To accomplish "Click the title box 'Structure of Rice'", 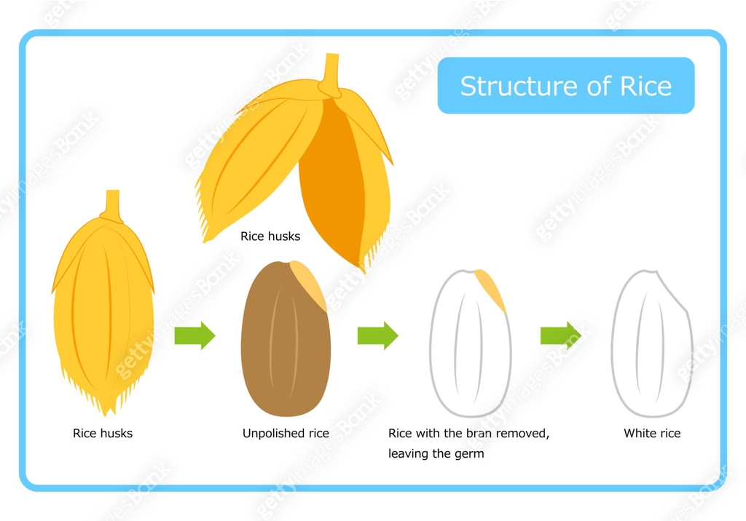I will pos(565,86).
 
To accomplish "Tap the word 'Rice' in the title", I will pos(645,86).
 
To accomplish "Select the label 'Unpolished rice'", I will pos(286,434).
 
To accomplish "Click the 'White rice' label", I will pos(652,434).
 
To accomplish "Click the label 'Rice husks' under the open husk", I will pos(270,236).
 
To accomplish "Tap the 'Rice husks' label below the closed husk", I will pos(103,434).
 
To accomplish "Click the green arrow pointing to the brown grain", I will pos(195,335).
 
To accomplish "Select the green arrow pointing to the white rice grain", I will pos(560,335).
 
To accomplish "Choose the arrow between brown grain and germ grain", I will pos(377,335).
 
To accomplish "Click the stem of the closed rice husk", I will pos(112,204).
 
